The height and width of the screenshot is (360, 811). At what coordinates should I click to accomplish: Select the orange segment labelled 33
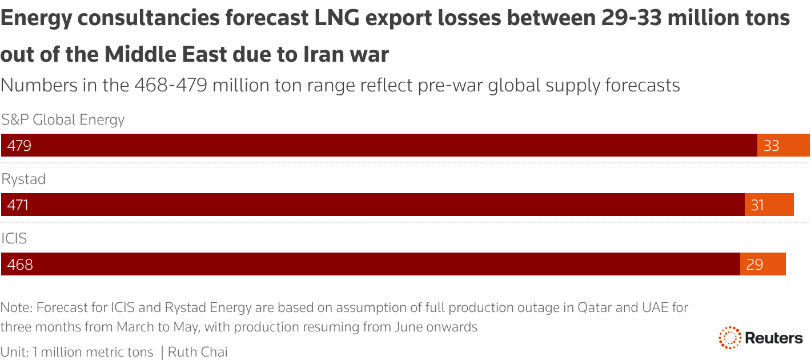(x=783, y=145)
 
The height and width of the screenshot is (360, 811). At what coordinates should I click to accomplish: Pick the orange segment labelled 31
(x=769, y=205)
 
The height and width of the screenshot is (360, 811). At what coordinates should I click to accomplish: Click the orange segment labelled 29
(x=762, y=264)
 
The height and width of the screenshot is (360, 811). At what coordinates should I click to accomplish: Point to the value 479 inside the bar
(x=19, y=146)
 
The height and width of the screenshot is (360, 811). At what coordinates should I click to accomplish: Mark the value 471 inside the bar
(x=18, y=205)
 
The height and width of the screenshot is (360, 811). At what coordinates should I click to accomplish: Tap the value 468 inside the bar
(x=20, y=265)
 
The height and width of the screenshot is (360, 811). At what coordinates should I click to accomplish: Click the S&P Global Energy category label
(x=63, y=120)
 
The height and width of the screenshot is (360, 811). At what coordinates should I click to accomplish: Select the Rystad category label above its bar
(x=23, y=179)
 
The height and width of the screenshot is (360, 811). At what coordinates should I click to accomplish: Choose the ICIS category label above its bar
(x=14, y=238)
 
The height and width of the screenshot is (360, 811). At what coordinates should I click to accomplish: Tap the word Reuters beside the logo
(x=774, y=338)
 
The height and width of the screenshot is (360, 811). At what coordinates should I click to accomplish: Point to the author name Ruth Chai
(x=198, y=352)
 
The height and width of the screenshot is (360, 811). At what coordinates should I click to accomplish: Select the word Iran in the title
(x=317, y=54)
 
